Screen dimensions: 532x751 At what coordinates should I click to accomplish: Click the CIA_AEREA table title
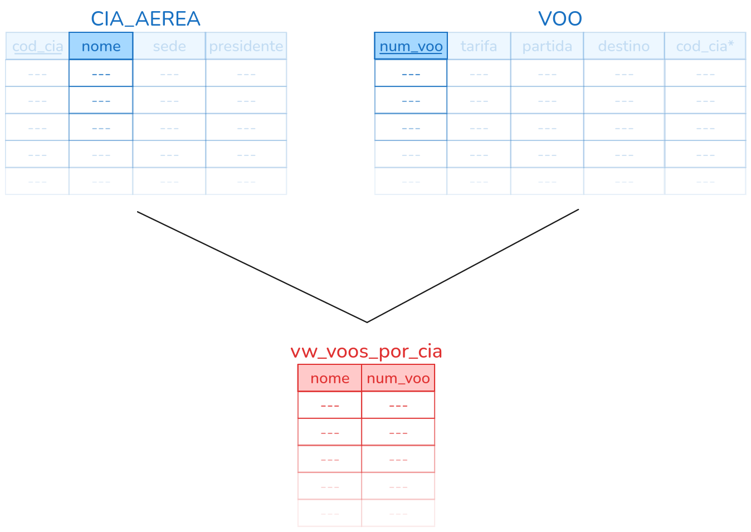(x=145, y=19)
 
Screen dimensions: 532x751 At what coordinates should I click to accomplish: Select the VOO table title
(x=560, y=19)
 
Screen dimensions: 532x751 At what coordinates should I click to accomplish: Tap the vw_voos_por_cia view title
(x=366, y=352)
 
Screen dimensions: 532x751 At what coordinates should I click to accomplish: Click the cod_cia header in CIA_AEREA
(x=37, y=46)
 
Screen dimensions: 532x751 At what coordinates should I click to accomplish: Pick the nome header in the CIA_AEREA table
(x=101, y=46)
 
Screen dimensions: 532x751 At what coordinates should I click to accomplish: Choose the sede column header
(x=169, y=46)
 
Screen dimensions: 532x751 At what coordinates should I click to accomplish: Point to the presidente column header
(x=246, y=46)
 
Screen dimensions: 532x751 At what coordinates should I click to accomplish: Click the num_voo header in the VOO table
(x=411, y=46)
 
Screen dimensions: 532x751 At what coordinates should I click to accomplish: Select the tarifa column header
(x=479, y=46)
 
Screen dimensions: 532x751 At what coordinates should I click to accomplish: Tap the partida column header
(x=547, y=46)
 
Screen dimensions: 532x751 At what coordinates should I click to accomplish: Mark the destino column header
(x=623, y=46)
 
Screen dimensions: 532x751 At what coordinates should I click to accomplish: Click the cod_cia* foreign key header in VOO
(x=705, y=46)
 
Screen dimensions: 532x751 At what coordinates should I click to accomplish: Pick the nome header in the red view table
(x=330, y=378)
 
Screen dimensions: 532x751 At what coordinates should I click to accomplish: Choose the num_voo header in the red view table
(x=398, y=378)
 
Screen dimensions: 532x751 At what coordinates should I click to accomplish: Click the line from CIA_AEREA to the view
(x=251, y=266)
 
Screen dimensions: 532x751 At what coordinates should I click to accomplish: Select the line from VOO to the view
(x=474, y=266)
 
